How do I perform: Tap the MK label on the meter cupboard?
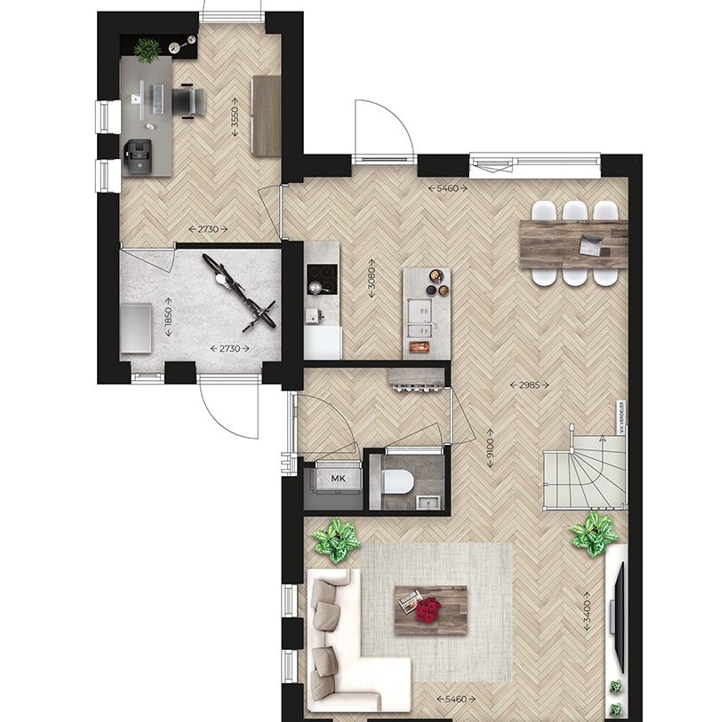[x=338, y=480]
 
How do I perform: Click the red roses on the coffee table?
[x=429, y=608]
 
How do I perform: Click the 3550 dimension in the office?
[x=235, y=115]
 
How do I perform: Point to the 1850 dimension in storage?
[x=167, y=318]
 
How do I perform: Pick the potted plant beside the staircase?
[x=593, y=534]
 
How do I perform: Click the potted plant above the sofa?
[x=337, y=538]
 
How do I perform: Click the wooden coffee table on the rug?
[x=431, y=610]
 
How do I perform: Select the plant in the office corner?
[x=148, y=50]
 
